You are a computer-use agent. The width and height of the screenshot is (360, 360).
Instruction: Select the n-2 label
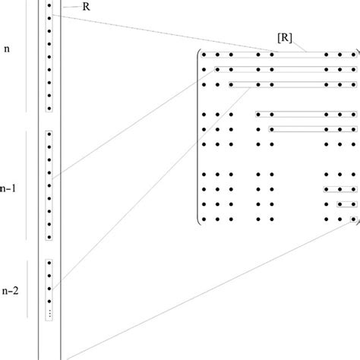coord(10,290)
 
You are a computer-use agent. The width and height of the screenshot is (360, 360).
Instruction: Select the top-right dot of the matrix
coord(352,55)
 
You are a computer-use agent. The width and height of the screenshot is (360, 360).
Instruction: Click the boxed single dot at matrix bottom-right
coord(352,219)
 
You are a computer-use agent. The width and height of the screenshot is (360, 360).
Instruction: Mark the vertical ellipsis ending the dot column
coord(49,313)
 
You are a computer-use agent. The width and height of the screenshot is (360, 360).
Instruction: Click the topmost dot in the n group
coord(49,5)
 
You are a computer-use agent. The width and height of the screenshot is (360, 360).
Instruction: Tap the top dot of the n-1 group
coord(49,135)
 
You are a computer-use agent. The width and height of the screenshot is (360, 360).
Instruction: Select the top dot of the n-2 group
coord(49,264)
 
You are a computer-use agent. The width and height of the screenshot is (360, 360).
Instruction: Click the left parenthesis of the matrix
coord(198,137)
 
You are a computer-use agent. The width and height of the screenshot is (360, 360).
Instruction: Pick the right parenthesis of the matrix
coord(358,137)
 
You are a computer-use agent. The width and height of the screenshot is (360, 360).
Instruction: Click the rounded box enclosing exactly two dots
coord(346,204)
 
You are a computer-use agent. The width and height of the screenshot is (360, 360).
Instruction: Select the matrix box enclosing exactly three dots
coord(339,189)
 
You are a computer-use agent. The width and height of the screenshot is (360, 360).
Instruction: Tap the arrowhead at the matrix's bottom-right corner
coord(355,222)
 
